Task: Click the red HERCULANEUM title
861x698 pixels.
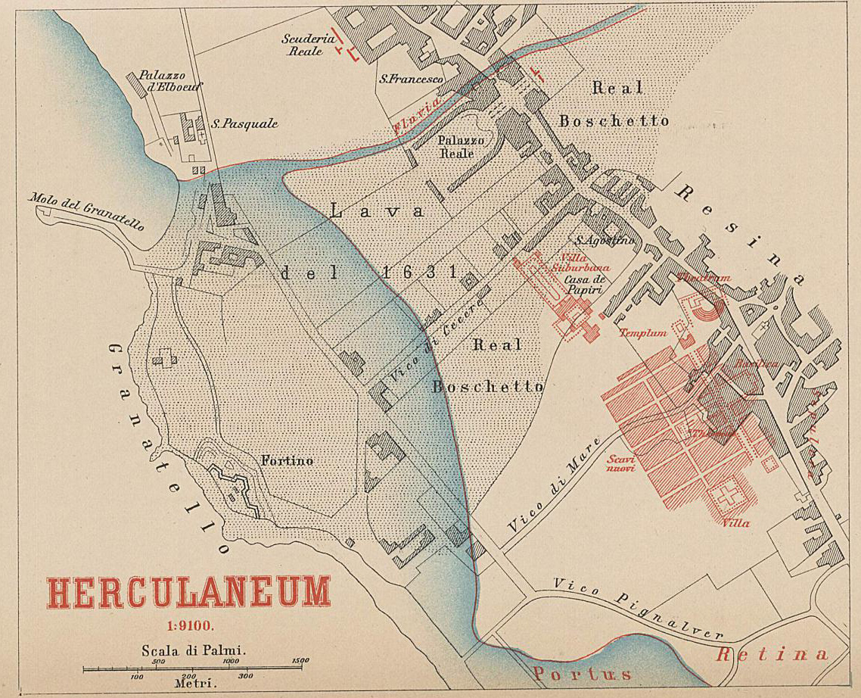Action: point(189,593)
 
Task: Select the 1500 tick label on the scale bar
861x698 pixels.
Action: point(300,661)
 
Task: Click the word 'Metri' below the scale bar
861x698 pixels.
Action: point(190,683)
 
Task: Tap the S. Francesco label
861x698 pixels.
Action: point(411,78)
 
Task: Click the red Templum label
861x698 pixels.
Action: point(642,332)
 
